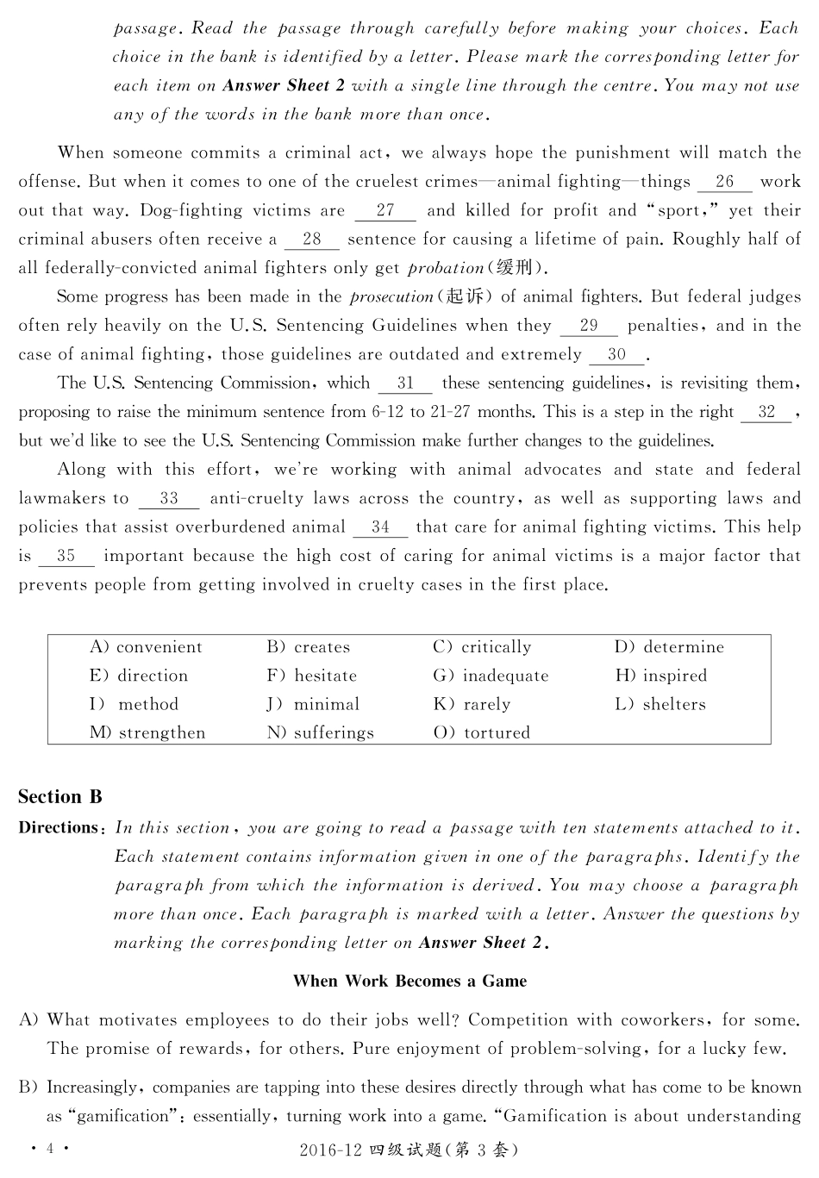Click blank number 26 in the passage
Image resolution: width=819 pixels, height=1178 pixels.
[724, 182]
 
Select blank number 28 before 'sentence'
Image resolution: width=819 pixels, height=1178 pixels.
[311, 240]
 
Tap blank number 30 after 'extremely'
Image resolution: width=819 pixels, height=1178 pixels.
[616, 354]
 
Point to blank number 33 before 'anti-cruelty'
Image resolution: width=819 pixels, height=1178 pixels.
[168, 498]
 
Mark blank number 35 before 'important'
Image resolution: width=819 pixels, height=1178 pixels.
[66, 556]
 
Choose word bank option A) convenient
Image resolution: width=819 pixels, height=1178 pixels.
[146, 647]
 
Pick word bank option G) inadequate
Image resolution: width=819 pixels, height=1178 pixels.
[491, 676]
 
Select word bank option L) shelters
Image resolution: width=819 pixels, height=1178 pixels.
[660, 704]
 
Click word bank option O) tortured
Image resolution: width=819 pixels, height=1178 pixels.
[482, 732]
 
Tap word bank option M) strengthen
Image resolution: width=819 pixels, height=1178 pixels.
[147, 732]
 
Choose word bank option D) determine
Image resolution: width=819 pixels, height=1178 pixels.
[669, 647]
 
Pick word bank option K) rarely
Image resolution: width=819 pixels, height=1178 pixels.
[472, 704]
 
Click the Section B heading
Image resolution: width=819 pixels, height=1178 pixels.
[60, 797]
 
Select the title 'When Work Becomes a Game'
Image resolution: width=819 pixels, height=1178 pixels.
[409, 981]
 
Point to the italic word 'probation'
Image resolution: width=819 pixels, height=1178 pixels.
[446, 268]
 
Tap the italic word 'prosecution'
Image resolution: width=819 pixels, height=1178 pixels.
[391, 297]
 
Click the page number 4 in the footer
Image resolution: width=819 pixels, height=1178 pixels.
[50, 1149]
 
